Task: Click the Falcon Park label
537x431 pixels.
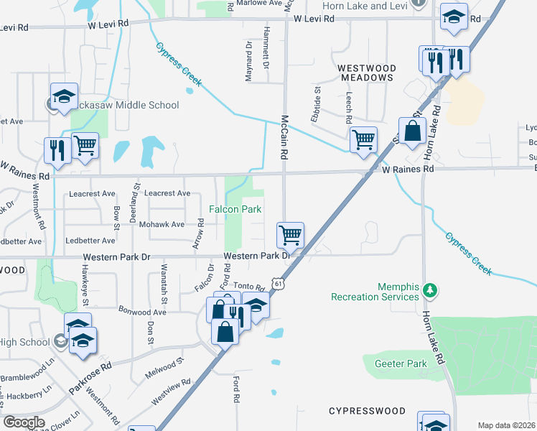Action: point(234,209)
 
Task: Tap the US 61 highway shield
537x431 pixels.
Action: point(279,284)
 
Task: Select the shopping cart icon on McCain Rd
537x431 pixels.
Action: point(290,234)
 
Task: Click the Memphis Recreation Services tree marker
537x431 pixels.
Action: point(430,290)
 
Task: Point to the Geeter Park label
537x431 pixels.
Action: point(401,364)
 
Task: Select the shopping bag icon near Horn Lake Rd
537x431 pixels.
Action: point(412,131)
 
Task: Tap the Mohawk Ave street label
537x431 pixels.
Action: point(163,225)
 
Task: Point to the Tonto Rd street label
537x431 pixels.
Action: point(250,287)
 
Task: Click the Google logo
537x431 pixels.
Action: point(24,422)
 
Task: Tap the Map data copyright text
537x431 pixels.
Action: point(507,425)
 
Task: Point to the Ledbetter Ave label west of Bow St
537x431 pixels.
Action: point(90,241)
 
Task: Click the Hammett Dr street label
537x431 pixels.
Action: point(266,55)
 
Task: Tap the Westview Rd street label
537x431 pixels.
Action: point(171,393)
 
